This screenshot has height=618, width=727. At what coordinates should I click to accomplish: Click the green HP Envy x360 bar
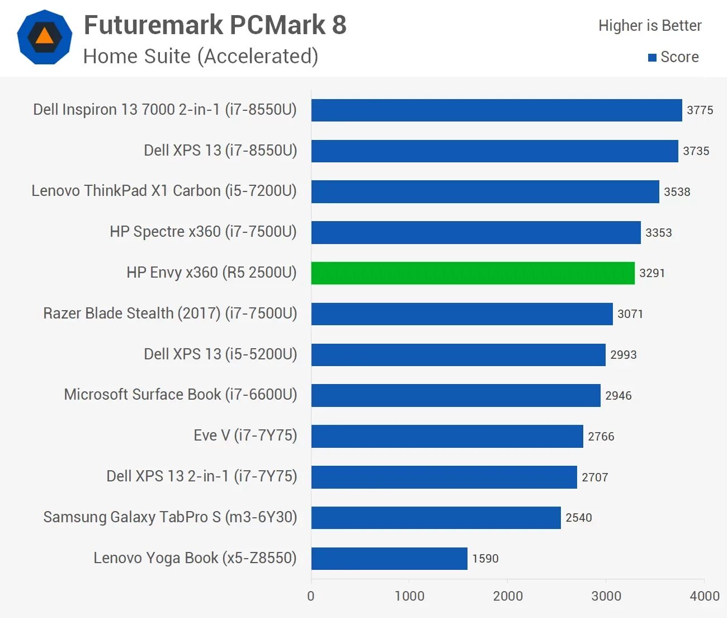point(473,273)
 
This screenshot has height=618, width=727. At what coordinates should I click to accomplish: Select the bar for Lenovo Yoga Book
point(389,559)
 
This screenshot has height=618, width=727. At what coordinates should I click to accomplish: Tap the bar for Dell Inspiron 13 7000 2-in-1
point(497,110)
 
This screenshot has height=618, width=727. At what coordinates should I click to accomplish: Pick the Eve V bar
point(447,437)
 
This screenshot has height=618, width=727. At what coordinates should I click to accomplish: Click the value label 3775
point(700,110)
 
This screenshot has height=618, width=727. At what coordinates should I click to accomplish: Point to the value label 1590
point(485,559)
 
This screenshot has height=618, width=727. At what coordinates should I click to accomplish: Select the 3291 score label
point(652,273)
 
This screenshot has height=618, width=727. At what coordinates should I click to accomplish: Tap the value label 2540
point(578,518)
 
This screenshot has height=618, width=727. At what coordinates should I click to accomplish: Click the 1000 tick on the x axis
point(409,596)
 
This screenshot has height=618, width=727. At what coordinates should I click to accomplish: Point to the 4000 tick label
point(704,596)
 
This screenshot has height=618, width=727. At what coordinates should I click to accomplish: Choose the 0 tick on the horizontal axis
point(311,596)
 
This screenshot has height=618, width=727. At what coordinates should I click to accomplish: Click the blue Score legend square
point(652,58)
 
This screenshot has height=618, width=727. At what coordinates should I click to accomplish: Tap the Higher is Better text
point(650,26)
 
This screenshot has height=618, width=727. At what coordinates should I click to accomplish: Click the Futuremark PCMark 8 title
point(215,25)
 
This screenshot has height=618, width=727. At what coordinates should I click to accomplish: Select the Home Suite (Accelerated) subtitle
point(201,57)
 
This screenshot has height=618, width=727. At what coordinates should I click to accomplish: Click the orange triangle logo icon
point(45,37)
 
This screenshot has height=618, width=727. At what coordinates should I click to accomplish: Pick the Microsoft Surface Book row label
point(180,395)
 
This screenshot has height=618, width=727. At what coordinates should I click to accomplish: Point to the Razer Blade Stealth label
point(170,313)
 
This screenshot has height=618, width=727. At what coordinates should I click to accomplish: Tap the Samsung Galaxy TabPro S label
point(170,517)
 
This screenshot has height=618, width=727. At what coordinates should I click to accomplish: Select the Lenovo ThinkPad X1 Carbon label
point(164,191)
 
